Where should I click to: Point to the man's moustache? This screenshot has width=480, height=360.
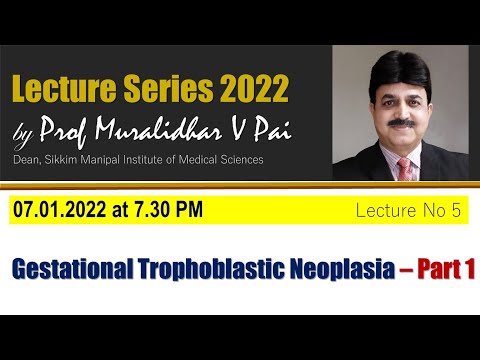coord(399,122)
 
